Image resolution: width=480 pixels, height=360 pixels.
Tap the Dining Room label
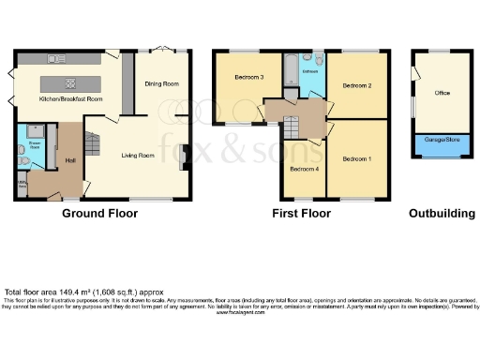(x=161, y=84)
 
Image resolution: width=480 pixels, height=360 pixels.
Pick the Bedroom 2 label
(x=356, y=85)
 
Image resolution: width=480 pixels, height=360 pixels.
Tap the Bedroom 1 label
(x=355, y=159)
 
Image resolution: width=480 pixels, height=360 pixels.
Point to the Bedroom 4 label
(x=302, y=170)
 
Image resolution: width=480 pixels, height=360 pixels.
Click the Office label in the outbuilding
(x=442, y=93)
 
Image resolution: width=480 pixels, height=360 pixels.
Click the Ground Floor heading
(x=99, y=214)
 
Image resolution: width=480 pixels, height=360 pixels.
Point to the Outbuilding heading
(x=442, y=214)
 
